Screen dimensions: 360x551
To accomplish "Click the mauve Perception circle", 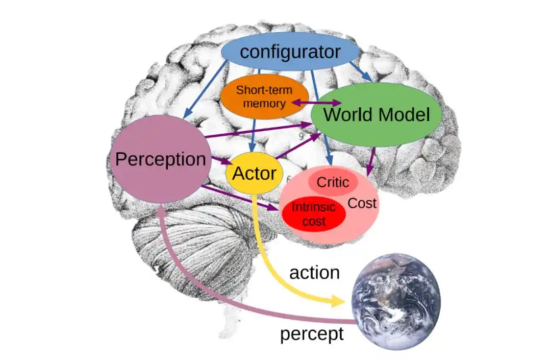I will (160, 159).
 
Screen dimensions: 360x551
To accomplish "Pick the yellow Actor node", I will (254, 173).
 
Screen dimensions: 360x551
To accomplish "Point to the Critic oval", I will (333, 182).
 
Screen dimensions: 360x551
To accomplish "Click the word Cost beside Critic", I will (362, 203).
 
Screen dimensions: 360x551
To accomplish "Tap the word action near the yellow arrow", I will (314, 272).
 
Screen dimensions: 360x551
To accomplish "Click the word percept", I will (312, 334).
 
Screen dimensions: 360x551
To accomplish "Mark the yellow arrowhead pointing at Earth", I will (338, 301).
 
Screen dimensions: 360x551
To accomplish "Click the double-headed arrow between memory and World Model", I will (316, 103).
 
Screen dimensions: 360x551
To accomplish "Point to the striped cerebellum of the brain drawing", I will (204, 245).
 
